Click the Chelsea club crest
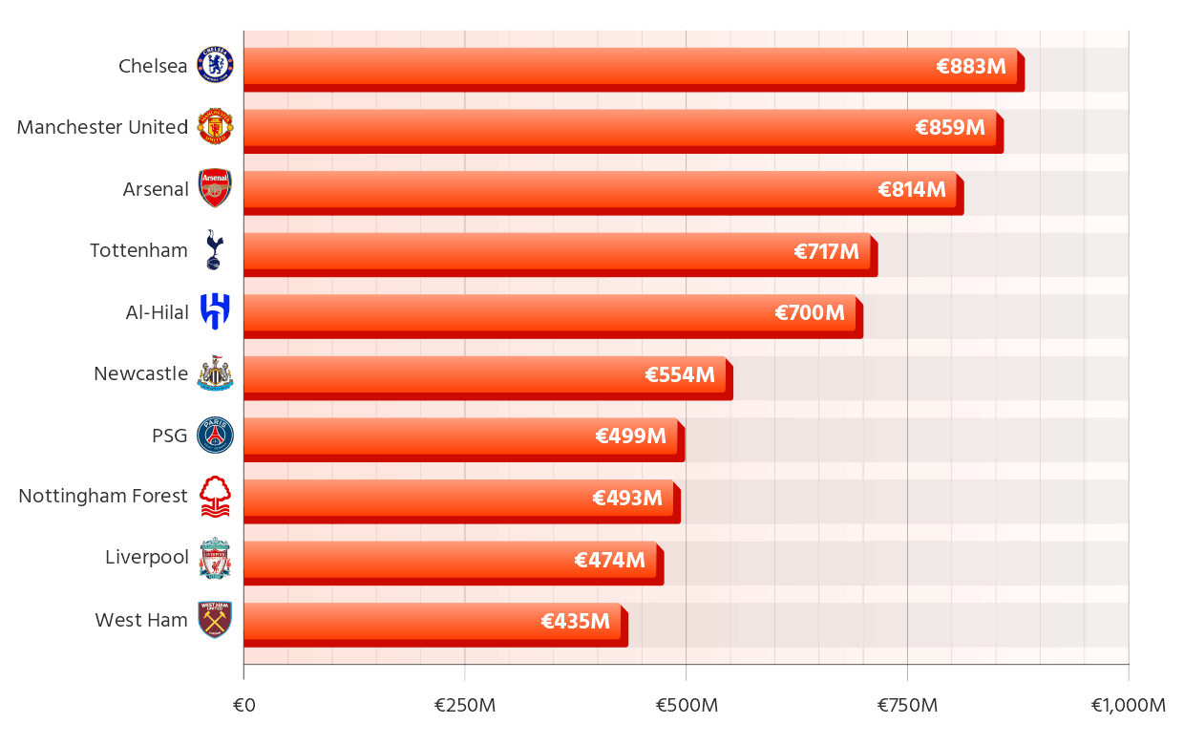click(215, 65)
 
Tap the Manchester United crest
click(215, 127)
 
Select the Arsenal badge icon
click(215, 188)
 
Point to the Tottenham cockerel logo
click(214, 250)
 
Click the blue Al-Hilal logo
click(215, 311)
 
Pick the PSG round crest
click(215, 435)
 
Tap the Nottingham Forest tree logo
click(215, 497)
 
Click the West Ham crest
click(215, 620)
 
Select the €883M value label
click(970, 67)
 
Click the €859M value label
click(949, 128)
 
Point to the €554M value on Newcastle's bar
click(679, 374)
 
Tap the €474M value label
click(609, 560)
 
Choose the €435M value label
click(575, 622)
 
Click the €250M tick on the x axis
click(465, 706)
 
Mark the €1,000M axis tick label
click(1128, 706)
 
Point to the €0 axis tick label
click(243, 706)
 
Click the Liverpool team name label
click(146, 558)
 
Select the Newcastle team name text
click(140, 373)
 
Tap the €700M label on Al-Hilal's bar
click(809, 313)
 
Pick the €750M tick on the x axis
click(907, 706)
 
